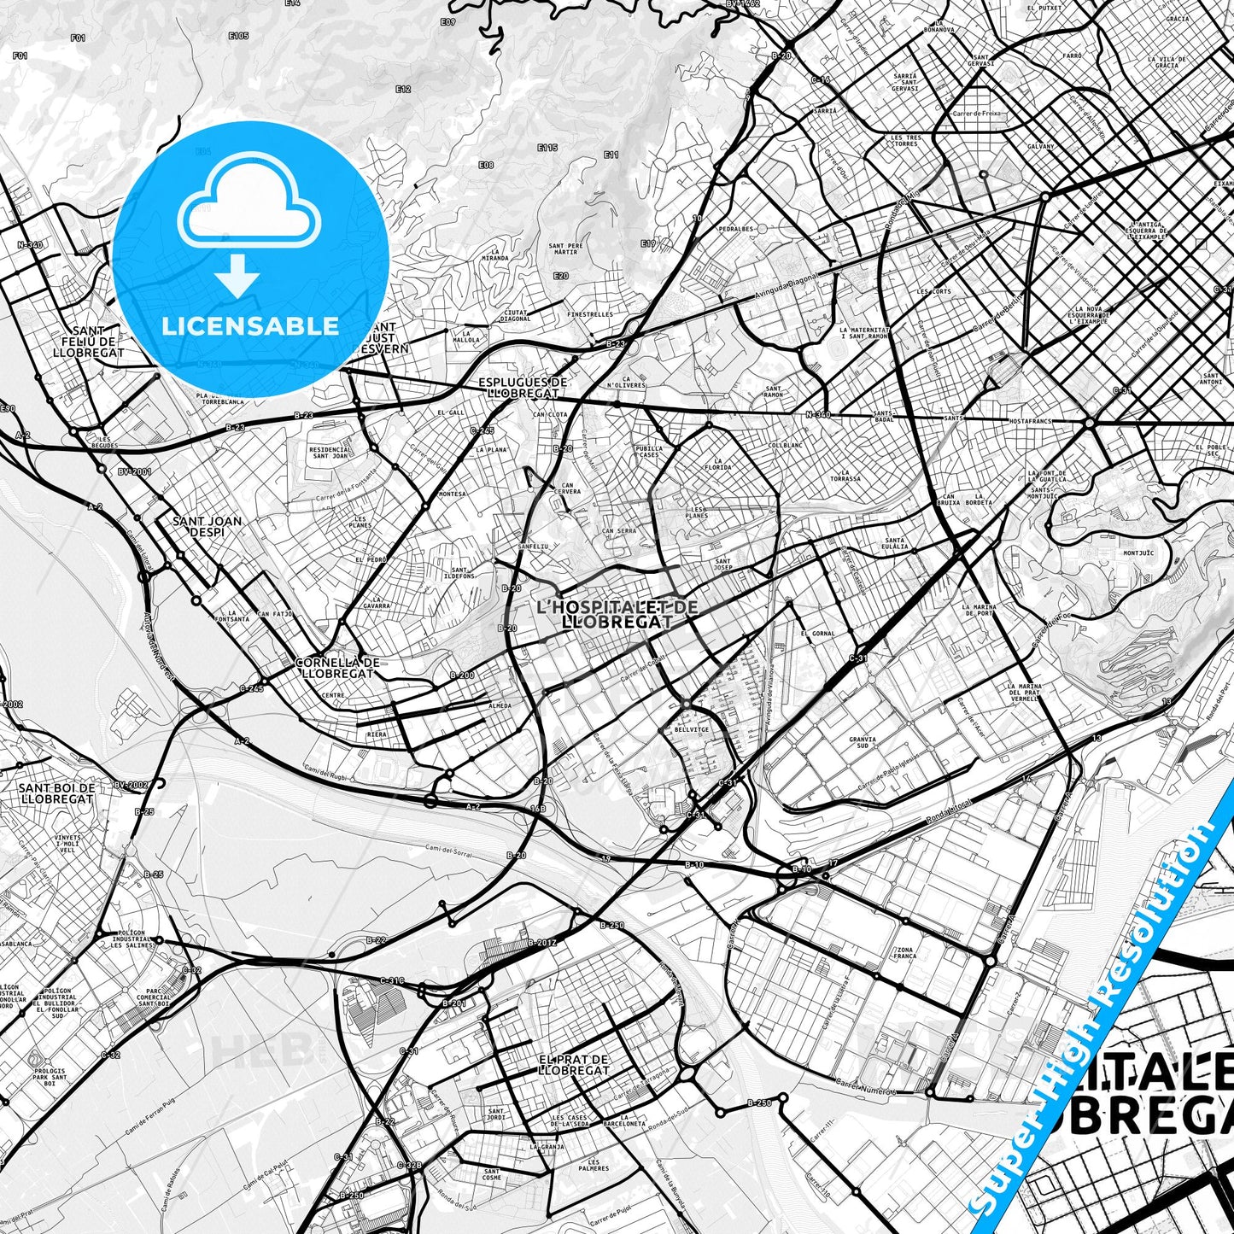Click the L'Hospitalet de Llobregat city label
(617, 614)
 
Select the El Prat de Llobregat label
(574, 1064)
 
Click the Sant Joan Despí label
(207, 526)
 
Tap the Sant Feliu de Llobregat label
(88, 341)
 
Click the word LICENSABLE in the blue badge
(250, 326)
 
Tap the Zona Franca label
(906, 953)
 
